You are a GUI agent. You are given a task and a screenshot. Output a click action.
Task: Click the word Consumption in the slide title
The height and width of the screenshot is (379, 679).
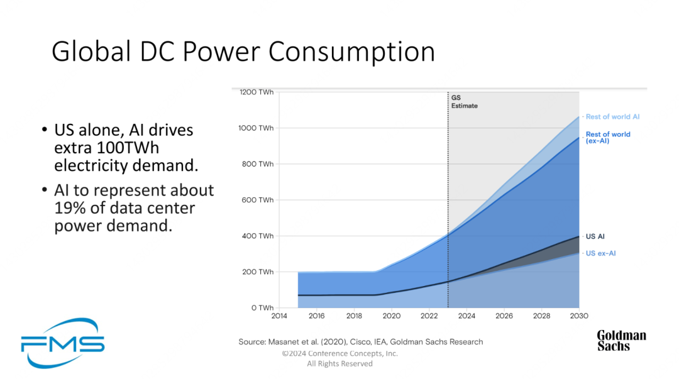(353, 52)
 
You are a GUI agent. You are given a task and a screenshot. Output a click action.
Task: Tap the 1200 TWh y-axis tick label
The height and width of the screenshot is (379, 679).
(257, 92)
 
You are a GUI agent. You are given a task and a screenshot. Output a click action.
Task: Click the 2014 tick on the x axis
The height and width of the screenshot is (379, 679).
(279, 316)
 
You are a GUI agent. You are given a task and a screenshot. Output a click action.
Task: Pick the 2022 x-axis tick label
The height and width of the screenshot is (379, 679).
(429, 316)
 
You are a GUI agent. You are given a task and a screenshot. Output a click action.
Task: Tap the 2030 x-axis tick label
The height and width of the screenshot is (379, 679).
(578, 316)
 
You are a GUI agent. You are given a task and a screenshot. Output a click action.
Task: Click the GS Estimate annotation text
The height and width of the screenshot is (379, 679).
(464, 102)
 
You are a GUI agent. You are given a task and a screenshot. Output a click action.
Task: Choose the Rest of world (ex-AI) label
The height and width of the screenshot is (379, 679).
(607, 138)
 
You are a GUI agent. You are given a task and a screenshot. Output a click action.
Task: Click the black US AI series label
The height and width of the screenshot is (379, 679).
(595, 236)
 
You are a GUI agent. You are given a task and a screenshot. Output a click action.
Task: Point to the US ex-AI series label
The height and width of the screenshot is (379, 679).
(600, 253)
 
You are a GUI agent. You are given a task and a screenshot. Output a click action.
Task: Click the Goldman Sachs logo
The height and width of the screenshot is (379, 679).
(621, 340)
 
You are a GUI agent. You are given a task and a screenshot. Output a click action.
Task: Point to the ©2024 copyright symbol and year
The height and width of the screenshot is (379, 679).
(295, 353)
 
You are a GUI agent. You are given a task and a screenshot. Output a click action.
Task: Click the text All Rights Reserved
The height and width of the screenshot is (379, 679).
(339, 364)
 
